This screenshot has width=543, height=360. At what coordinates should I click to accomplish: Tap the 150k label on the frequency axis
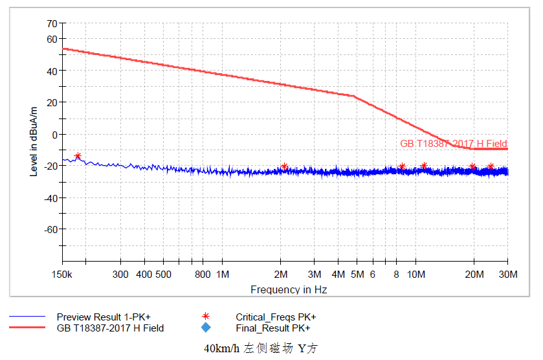coord(62,275)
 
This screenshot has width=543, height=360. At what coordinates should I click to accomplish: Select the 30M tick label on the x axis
coord(508,275)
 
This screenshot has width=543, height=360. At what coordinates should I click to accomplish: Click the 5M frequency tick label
coord(357,275)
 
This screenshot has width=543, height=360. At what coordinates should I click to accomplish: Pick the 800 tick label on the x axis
coord(203,275)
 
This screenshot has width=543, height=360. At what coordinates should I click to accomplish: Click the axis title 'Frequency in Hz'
coord(289,289)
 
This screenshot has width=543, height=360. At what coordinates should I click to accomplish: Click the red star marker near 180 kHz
coord(78,156)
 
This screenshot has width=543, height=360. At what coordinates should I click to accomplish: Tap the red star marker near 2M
coord(284,166)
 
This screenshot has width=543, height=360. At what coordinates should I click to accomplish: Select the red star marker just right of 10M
coord(424,166)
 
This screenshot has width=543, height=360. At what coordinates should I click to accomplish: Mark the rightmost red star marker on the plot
coord(491,166)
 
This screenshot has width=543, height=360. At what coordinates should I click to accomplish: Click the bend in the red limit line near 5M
coord(354,96)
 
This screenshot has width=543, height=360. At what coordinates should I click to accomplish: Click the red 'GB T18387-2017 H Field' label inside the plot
coord(454,144)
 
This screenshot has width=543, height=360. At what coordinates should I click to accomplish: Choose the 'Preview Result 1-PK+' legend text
coord(103,317)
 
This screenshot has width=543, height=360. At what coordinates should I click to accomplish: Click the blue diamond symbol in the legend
coord(206,328)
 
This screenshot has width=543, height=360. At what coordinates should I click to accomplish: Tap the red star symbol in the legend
coord(206,317)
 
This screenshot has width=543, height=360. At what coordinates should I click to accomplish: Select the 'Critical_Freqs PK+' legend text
coord(276,317)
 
